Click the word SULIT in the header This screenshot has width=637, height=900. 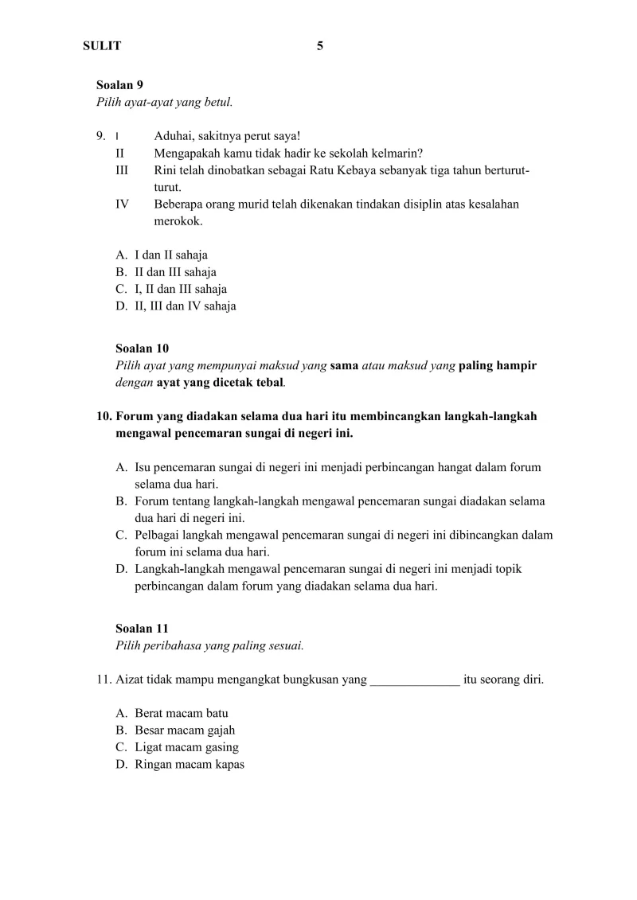pyautogui.click(x=102, y=46)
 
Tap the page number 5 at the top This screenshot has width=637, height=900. pyautogui.click(x=320, y=46)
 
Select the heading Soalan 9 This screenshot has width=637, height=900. pyautogui.click(x=119, y=84)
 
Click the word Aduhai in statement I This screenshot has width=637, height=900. pyautogui.click(x=174, y=136)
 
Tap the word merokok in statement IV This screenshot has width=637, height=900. pyautogui.click(x=178, y=221)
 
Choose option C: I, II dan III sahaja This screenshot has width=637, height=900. pyautogui.click(x=181, y=289)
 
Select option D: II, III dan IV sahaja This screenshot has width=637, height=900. pyautogui.click(x=186, y=306)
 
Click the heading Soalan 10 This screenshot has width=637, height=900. pyautogui.click(x=142, y=349)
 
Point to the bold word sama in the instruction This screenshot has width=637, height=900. pyautogui.click(x=344, y=365)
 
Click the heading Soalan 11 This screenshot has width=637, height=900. pyautogui.click(x=142, y=629)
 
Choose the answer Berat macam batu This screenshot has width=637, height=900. pyautogui.click(x=182, y=713)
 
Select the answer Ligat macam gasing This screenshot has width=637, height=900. pyautogui.click(x=186, y=747)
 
